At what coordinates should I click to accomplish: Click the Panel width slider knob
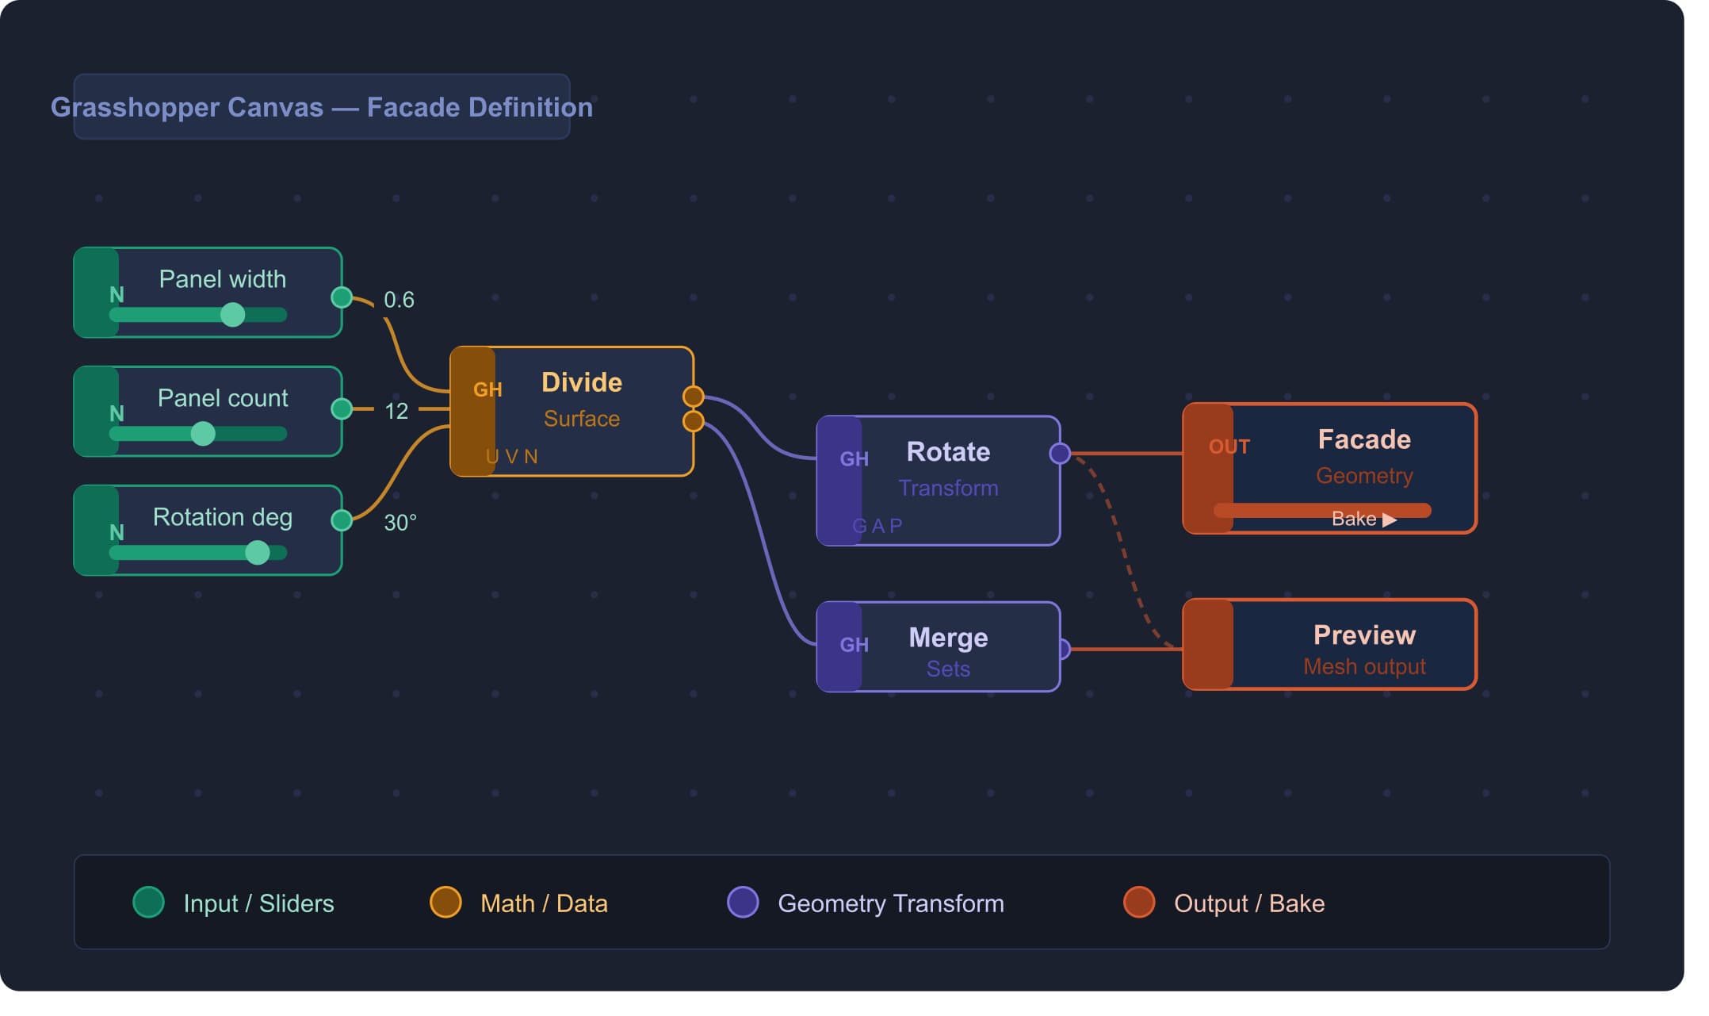coord(232,315)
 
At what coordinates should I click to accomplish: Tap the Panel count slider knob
coord(203,434)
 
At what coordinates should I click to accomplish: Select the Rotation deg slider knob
coord(257,553)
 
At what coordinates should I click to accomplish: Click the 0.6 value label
coord(399,300)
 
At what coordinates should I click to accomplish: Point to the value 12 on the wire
coord(396,411)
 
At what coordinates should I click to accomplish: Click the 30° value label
coord(400,523)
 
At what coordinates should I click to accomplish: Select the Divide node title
coord(582,382)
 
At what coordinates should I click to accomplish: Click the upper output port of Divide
coord(694,396)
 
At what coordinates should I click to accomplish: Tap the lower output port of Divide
coord(694,421)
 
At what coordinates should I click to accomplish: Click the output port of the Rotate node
coord(1060,454)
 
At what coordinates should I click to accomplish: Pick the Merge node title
coord(948,638)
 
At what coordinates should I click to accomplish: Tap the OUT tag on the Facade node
coord(1229,447)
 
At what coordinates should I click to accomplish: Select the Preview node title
coord(1364,635)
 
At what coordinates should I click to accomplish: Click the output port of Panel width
coord(342,297)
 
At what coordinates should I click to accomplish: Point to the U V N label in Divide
coord(512,457)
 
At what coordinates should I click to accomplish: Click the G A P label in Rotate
coord(877,526)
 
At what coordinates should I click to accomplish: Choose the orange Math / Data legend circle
coord(445,902)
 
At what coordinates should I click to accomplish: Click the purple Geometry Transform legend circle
coord(743,902)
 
